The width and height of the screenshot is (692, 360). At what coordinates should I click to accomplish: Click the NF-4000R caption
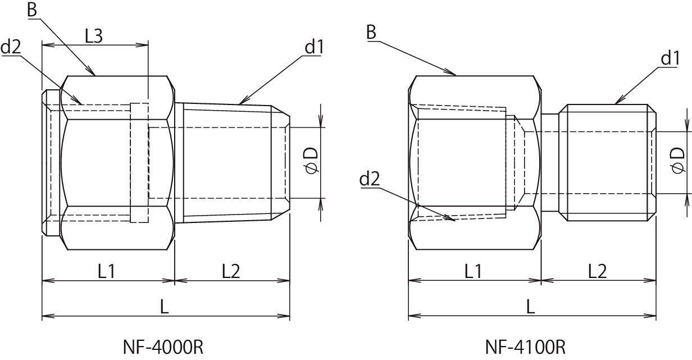pyautogui.click(x=163, y=347)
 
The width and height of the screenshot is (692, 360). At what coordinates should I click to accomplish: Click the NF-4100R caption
pyautogui.click(x=526, y=347)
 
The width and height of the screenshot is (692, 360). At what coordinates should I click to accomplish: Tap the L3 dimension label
pyautogui.click(x=94, y=36)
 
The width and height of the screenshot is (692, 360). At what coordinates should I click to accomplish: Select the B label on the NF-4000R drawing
pyautogui.click(x=32, y=10)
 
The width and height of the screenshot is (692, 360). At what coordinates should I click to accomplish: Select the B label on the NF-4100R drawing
pyautogui.click(x=372, y=32)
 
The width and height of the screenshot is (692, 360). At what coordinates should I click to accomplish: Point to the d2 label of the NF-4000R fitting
pyautogui.click(x=11, y=47)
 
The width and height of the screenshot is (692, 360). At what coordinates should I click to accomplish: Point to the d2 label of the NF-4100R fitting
pyautogui.click(x=370, y=179)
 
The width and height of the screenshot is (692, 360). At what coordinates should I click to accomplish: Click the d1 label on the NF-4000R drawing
pyautogui.click(x=314, y=47)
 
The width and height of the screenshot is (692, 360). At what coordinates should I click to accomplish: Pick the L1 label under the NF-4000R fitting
pyautogui.click(x=107, y=271)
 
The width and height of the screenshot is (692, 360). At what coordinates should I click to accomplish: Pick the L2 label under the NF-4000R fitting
pyautogui.click(x=231, y=271)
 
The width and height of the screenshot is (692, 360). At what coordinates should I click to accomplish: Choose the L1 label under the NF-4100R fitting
pyautogui.click(x=474, y=271)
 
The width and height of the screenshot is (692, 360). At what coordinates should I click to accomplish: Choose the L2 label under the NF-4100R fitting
pyautogui.click(x=598, y=271)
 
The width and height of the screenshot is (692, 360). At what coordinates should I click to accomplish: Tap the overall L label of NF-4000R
pyautogui.click(x=165, y=307)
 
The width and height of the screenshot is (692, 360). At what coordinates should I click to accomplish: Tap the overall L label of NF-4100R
pyautogui.click(x=531, y=307)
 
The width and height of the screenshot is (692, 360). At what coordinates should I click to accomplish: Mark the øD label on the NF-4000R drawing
pyautogui.click(x=311, y=161)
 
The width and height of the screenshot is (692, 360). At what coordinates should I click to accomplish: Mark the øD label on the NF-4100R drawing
pyautogui.click(x=677, y=161)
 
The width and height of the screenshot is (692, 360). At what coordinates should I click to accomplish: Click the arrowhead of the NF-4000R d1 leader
pyautogui.click(x=243, y=102)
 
